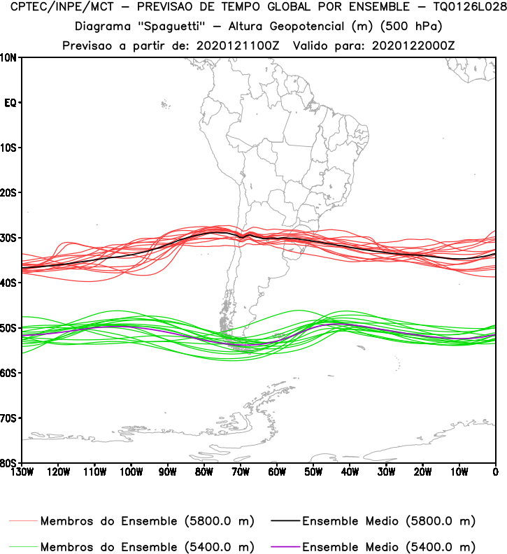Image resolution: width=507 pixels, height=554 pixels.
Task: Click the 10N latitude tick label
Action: pos(10,57)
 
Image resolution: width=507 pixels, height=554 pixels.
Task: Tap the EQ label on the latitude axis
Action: pos(10,103)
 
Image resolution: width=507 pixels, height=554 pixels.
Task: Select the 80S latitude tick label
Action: pos(10,463)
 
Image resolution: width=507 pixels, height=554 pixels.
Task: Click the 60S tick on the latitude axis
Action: pos(10,373)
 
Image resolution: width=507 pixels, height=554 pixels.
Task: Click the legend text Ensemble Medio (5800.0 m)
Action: pos(389,521)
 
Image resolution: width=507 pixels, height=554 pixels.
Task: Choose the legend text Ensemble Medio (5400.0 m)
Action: pos(389,546)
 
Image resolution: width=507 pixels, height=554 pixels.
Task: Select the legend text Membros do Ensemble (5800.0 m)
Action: pos(147,521)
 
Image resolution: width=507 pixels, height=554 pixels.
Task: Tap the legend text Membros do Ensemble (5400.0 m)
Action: pos(147,546)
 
